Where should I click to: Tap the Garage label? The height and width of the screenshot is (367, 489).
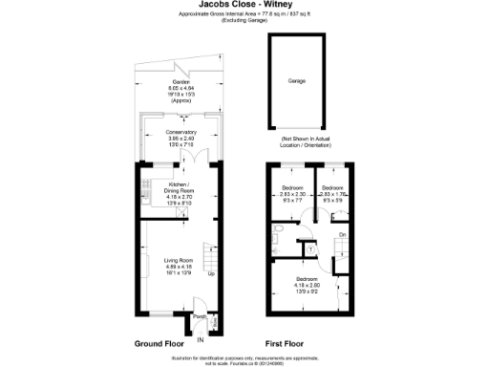click(297, 82)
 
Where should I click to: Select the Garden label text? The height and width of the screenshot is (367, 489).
click(181, 83)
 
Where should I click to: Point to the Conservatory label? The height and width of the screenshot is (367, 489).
click(181, 132)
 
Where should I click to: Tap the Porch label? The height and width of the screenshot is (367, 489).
click(200, 316)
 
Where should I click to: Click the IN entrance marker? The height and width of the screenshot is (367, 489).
click(201, 338)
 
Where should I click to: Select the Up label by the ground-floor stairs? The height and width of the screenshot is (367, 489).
click(211, 275)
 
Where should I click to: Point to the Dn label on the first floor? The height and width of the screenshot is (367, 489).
click(342, 234)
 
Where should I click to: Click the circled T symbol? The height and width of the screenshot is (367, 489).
click(310, 249)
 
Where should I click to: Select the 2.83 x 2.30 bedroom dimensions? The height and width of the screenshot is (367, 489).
click(291, 193)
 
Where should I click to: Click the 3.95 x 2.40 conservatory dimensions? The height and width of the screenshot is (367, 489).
click(181, 138)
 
